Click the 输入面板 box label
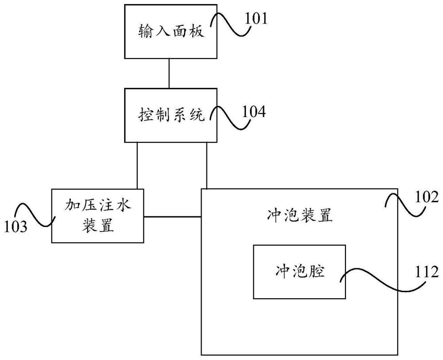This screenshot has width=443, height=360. click(x=171, y=31)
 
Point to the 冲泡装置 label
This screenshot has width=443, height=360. click(x=299, y=215)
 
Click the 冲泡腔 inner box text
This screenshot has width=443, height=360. click(x=299, y=270)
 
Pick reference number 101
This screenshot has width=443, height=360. click(x=256, y=19)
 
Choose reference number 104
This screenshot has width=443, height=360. click(x=254, y=112)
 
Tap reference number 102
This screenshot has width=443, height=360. click(x=427, y=197)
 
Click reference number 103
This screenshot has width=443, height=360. click(x=16, y=227)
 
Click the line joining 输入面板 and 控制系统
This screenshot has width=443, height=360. click(x=169, y=73)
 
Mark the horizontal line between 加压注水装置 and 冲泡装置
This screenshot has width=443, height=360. click(x=172, y=217)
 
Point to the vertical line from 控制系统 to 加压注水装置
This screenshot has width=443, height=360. click(x=137, y=165)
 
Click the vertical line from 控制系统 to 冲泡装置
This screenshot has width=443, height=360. click(x=207, y=165)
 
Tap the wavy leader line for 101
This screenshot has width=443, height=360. click(x=230, y=24)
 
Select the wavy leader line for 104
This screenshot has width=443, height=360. click(x=230, y=118)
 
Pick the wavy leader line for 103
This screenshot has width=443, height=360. click(x=34, y=215)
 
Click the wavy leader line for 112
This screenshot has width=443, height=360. click(x=383, y=280)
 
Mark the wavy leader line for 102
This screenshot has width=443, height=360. click(x=405, y=205)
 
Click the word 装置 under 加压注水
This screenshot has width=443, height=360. click(x=98, y=225)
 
